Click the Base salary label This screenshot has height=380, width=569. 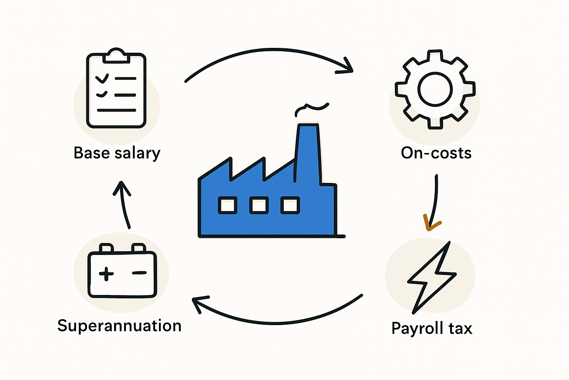pos(117,153)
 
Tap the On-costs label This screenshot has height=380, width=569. pos(436,153)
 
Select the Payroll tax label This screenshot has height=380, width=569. pos(432,328)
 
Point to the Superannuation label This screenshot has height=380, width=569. pos(119,326)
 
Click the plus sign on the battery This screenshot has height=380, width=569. pos(106,274)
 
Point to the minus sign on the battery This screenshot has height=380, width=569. pos(139,273)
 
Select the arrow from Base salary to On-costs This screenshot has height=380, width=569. pos(273,50)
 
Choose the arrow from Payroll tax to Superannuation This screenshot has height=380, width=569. pos(276,323)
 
